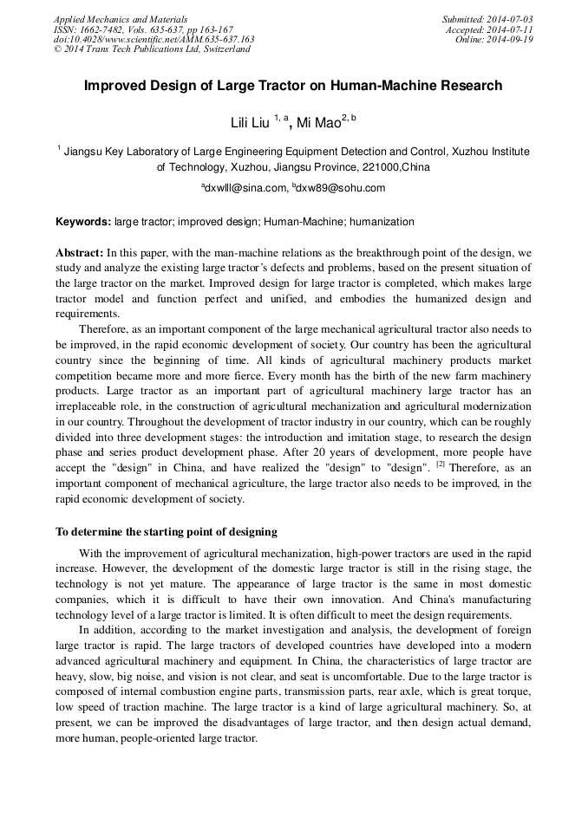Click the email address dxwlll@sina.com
point(245,188)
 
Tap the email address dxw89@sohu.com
point(341,188)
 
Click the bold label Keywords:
point(83,222)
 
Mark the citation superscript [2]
point(441,464)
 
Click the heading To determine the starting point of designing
point(167,531)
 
